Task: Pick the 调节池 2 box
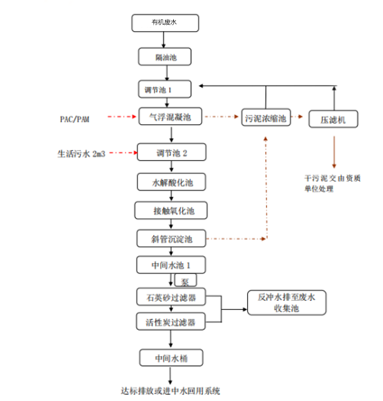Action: [169, 152]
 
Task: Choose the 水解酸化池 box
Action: [169, 182]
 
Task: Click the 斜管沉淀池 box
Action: [169, 239]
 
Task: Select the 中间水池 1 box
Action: [169, 266]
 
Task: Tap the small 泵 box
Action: [185, 282]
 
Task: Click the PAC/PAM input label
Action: [75, 119]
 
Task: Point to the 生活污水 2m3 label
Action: [81, 153]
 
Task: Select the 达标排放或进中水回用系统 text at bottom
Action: [170, 391]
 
